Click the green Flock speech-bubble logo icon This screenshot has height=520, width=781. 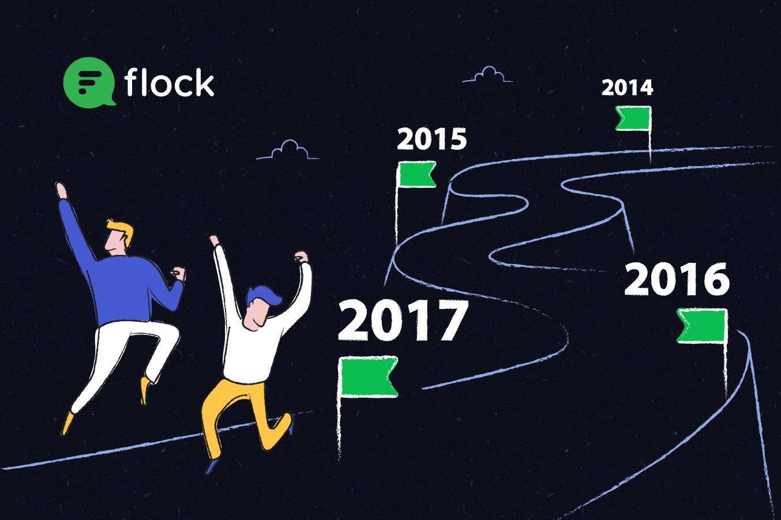pyautogui.click(x=89, y=82)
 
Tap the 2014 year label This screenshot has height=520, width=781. pyautogui.click(x=627, y=88)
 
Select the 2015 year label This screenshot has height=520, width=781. pyautogui.click(x=431, y=139)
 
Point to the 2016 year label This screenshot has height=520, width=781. pyautogui.click(x=677, y=279)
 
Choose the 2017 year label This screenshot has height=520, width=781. pyautogui.click(x=403, y=321)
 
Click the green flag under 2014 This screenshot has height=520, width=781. pyautogui.click(x=633, y=119)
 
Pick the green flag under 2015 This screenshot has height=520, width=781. pyautogui.click(x=417, y=174)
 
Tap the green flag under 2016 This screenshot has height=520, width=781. pyautogui.click(x=702, y=326)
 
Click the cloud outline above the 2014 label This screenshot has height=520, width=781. pyautogui.click(x=488, y=75)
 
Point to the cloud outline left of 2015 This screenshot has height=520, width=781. pyautogui.click(x=288, y=151)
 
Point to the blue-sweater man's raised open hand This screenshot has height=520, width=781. pyautogui.click(x=62, y=191)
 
